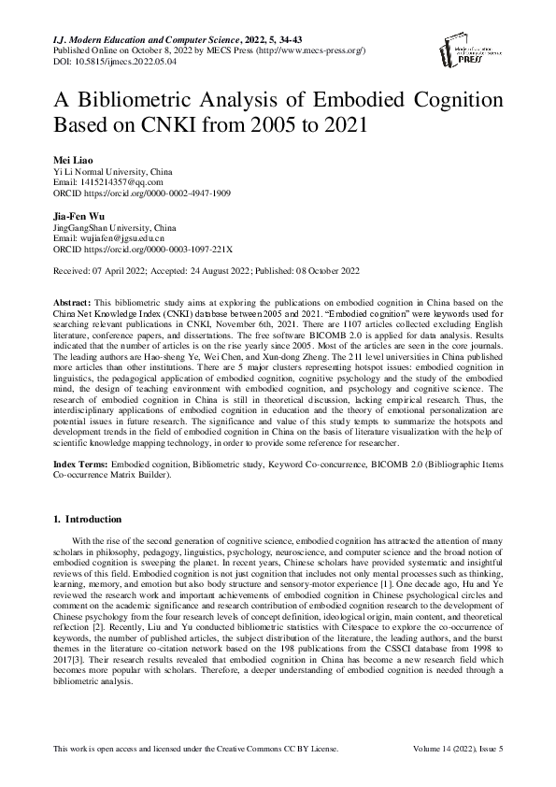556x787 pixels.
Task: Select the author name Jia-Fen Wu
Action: [x=82, y=217]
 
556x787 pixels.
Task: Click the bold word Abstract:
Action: [x=73, y=305]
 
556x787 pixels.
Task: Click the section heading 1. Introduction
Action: [x=88, y=519]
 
